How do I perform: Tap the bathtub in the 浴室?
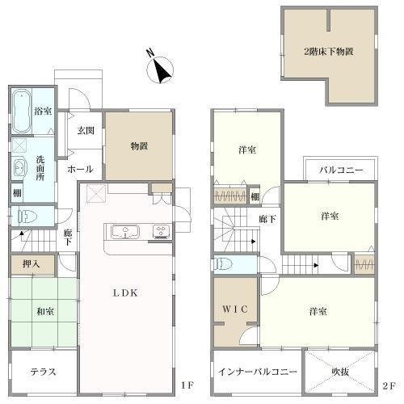point(21,112)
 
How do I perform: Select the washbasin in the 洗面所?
point(19,168)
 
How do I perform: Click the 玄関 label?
point(86,131)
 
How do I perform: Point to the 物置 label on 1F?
point(139,146)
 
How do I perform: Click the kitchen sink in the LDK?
point(125,232)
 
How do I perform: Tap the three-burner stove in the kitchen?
point(161,232)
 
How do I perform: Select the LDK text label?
point(125,293)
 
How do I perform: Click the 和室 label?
point(45,312)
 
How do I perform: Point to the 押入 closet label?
point(32,264)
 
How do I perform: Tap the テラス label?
point(43,372)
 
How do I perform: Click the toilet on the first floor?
point(27,217)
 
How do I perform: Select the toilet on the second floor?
point(224,264)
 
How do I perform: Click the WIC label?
point(235,309)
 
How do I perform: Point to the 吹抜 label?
point(340,372)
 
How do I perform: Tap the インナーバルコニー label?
point(258,372)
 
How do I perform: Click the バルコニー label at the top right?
point(341,170)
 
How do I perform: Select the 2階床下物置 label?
point(329,51)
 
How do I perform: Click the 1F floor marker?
point(187,385)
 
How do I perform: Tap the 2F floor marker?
point(389,386)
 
